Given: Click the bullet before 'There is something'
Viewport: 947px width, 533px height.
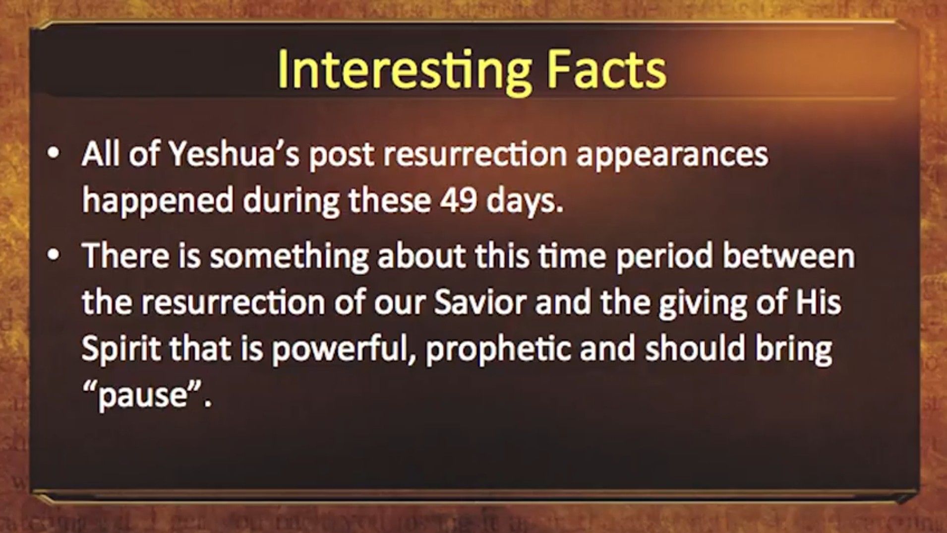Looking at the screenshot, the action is [x=53, y=256].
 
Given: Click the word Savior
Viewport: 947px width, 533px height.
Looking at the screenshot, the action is [x=480, y=302].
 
